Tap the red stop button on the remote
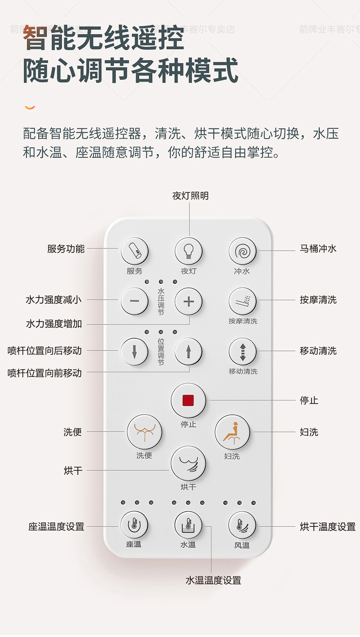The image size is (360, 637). tap(188, 401)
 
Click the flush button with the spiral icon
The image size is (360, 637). tap(242, 251)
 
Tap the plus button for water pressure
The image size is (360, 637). tap(188, 301)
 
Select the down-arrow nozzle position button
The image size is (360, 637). tap(134, 351)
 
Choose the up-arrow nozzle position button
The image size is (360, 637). tap(188, 351)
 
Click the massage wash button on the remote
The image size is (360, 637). tap(242, 301)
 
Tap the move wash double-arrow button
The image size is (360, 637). tap(242, 351)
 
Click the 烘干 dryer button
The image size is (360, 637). tap(188, 463)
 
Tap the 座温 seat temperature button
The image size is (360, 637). tap(134, 525)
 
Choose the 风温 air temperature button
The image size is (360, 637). tap(242, 525)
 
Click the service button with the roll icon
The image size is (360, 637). tap(134, 251)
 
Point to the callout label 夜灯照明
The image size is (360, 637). tap(190, 196)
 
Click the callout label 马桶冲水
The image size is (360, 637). tap(318, 249)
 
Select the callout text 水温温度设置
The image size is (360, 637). tap(213, 580)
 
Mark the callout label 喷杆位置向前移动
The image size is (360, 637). tap(45, 373)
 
